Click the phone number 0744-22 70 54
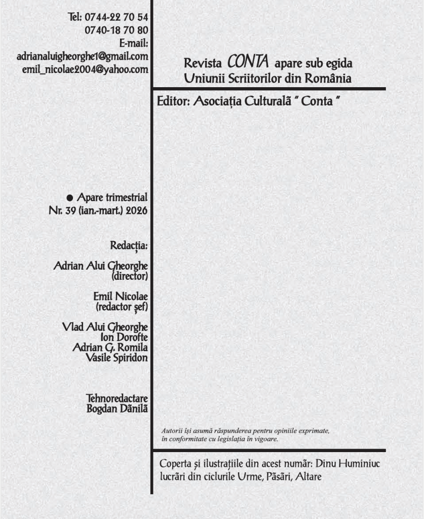point(115,18)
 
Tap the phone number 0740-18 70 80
point(116,30)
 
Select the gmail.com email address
point(82,57)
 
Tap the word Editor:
point(173,101)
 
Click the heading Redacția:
point(129,246)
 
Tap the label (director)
point(129,277)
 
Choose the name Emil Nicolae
point(121,296)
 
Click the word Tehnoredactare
point(117,399)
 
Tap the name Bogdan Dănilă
point(117,409)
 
